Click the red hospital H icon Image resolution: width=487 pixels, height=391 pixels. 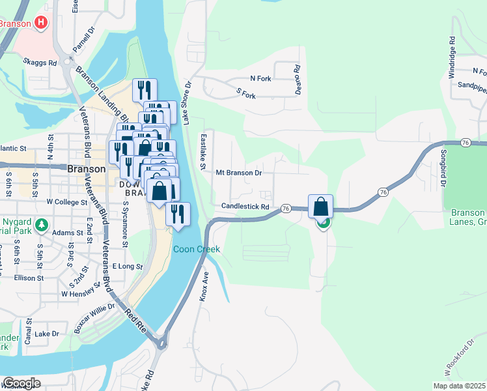[41, 23]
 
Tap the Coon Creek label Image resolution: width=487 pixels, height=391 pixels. [196, 250]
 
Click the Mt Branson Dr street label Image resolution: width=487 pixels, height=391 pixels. [239, 173]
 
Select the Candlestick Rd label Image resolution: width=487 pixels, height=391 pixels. [245, 207]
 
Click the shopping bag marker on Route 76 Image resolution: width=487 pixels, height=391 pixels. [320, 207]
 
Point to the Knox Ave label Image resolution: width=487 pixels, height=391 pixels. [203, 286]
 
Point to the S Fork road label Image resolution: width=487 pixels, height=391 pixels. [245, 94]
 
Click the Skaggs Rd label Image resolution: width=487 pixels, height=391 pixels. [40, 63]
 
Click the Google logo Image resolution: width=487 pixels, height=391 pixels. [21, 383]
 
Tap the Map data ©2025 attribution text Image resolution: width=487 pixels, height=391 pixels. [450, 386]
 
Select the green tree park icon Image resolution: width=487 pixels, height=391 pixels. [42, 225]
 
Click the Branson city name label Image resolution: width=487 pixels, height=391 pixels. [86, 168]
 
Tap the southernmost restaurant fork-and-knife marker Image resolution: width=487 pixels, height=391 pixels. [177, 214]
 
